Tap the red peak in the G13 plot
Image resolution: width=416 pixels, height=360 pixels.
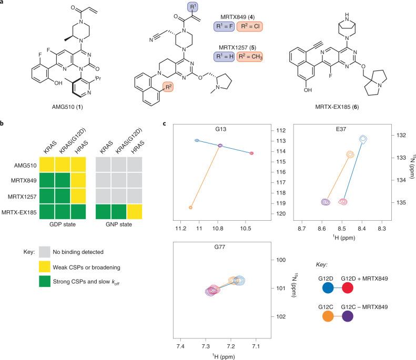point(252,153)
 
